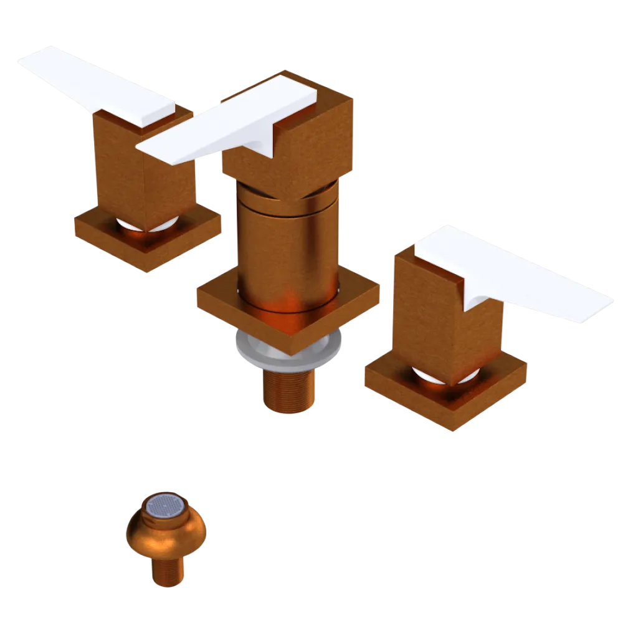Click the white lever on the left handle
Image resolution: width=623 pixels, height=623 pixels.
tap(93, 84)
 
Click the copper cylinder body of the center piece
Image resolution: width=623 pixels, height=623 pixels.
tap(287, 249)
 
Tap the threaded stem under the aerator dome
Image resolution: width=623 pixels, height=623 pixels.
tap(167, 570)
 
